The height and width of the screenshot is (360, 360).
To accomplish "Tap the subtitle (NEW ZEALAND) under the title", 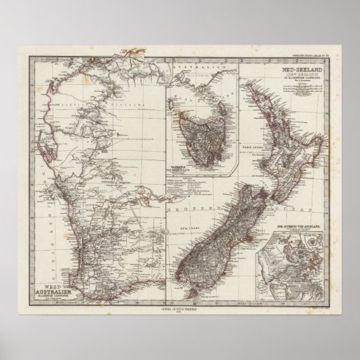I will [x=303, y=75].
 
